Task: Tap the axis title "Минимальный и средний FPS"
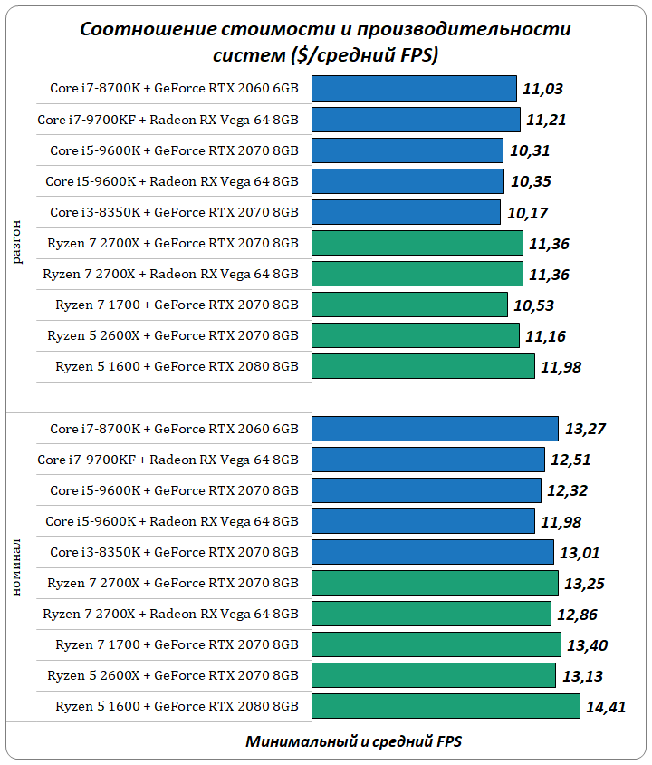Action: click(x=353, y=741)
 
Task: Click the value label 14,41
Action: click(x=606, y=707)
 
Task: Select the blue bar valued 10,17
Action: click(x=407, y=212)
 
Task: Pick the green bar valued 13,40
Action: click(x=436, y=645)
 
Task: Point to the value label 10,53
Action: click(x=533, y=305)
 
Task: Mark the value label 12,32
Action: click(x=568, y=490)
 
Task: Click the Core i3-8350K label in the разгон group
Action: click(x=174, y=212)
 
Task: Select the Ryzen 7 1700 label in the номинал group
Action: click(x=177, y=645)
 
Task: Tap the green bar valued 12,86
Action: click(x=432, y=614)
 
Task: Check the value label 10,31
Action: click(x=529, y=150)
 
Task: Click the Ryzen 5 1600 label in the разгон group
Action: click(x=177, y=366)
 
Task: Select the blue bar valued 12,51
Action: click(x=428, y=460)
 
